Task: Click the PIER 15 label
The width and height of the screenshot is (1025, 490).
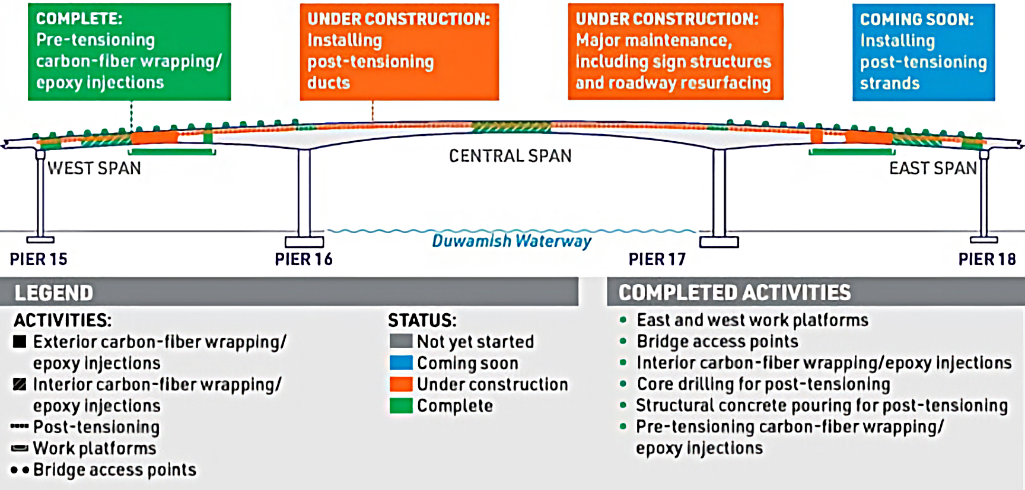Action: tap(39, 259)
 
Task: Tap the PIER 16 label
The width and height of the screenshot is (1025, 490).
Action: tap(304, 259)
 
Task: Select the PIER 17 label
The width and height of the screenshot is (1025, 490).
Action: tap(657, 259)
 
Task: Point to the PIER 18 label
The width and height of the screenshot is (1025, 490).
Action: tap(987, 259)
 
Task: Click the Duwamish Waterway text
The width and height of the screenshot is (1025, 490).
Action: tap(511, 241)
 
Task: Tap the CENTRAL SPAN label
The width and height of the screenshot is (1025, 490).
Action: tap(510, 156)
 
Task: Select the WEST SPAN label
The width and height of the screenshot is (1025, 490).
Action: tap(94, 168)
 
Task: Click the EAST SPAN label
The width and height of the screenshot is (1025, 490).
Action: tap(932, 168)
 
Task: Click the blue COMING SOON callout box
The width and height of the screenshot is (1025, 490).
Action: tap(923, 52)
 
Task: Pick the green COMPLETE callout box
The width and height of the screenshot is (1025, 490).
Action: tap(129, 52)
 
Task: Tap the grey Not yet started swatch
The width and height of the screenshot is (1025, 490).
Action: tap(401, 342)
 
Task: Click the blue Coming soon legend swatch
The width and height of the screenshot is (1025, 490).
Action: tap(401, 363)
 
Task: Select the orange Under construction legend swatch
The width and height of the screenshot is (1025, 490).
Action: tap(401, 384)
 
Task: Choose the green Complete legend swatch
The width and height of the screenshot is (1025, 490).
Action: tap(401, 406)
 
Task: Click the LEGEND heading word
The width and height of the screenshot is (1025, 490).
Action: tap(54, 293)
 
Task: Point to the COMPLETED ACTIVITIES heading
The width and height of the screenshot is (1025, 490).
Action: tap(734, 293)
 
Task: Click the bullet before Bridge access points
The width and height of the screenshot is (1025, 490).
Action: tap(623, 342)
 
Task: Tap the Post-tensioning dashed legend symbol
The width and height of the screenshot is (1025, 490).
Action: tap(20, 427)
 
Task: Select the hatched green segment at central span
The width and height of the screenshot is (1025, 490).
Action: tap(511, 127)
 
